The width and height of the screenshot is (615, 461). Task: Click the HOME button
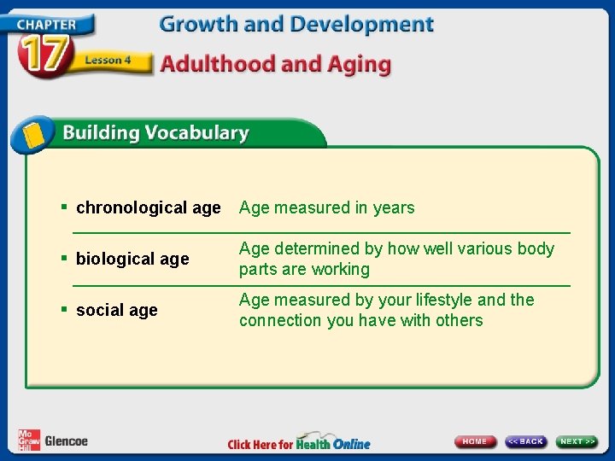pos(475,441)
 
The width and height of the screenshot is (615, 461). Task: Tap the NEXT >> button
pos(577,441)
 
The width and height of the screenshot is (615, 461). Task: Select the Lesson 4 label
pos(107,61)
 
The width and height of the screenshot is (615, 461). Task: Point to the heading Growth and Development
pos(296,24)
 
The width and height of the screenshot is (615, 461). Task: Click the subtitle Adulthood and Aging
pos(276,65)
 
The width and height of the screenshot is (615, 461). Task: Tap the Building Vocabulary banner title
pos(155,133)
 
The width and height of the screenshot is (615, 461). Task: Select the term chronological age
pos(148,207)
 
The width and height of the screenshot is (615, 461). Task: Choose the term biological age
pos(132,259)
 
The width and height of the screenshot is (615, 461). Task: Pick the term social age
pos(116,310)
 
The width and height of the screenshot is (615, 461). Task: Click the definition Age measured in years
pos(326,207)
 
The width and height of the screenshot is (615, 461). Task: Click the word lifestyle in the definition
pos(443,300)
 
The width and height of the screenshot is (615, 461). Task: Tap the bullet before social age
pos(64,309)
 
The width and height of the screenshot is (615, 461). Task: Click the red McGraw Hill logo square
pos(28,441)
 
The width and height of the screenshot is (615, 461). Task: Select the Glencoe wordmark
pos(67,441)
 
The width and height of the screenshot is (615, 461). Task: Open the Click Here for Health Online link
pos(299,443)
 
